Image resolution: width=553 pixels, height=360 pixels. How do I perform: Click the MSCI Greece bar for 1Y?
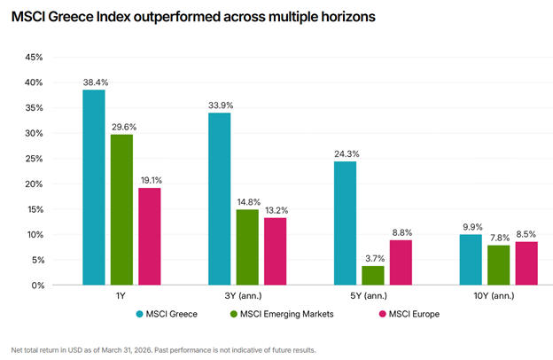pos(94,187)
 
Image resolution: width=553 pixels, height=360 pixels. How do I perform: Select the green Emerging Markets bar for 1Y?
pos(121,209)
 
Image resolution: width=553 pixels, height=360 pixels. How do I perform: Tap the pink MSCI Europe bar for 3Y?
pos(275,251)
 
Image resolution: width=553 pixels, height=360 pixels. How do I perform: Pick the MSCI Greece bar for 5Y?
pos(345,223)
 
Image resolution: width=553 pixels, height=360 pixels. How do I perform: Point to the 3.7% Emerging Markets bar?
pos(373,275)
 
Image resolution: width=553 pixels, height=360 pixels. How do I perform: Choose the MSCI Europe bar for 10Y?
pos(526,263)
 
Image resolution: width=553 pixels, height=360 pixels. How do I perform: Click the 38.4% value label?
pos(96,82)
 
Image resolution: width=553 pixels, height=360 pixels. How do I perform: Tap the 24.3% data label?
pos(347,154)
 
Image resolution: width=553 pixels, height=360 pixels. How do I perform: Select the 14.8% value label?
pos(249,202)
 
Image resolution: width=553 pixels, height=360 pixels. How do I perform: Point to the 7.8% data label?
pos(500,238)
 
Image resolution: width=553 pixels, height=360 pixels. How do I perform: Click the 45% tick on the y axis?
pos(34,57)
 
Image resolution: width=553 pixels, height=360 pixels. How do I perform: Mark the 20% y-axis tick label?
pos(34,184)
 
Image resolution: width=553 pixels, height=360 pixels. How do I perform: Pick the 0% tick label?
pos(38,286)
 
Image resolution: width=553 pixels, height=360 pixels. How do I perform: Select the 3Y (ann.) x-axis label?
pos(244,296)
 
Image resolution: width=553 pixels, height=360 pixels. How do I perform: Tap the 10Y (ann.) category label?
pos(494,296)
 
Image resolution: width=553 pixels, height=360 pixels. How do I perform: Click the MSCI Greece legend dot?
pos(140,314)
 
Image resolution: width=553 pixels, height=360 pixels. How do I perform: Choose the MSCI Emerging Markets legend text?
pos(287,314)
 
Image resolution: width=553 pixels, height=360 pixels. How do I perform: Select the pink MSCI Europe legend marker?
pos(382,314)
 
